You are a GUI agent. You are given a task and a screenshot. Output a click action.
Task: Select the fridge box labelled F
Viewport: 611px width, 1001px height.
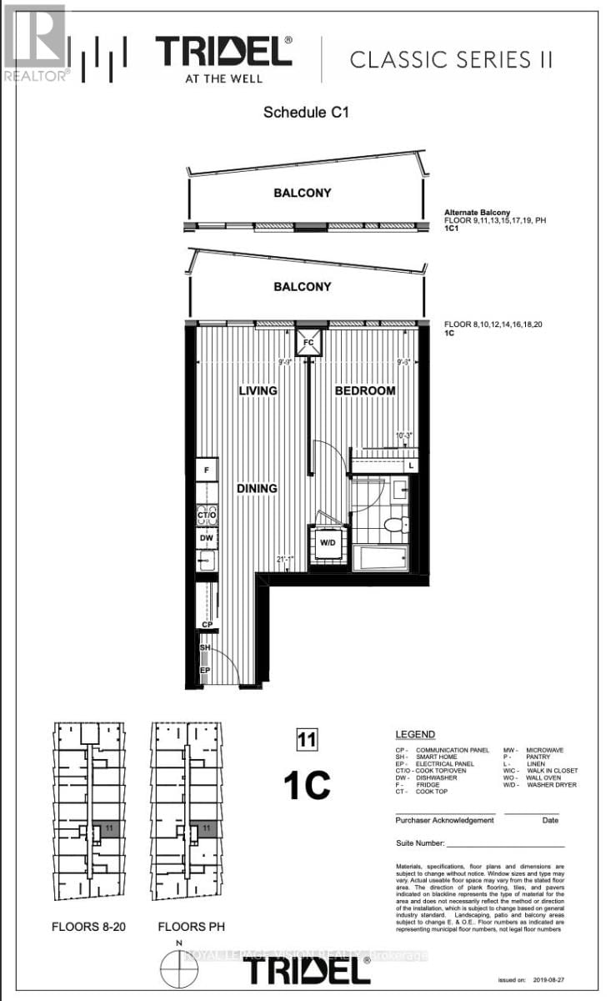(x=206, y=470)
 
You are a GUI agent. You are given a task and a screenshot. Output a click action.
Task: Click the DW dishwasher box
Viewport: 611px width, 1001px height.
(x=206, y=539)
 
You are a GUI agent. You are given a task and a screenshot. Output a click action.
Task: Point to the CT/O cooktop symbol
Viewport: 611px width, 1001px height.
(x=207, y=515)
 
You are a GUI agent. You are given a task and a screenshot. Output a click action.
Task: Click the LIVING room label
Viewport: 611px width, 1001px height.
(x=258, y=390)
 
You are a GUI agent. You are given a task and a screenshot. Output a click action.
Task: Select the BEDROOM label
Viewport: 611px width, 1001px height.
(x=364, y=390)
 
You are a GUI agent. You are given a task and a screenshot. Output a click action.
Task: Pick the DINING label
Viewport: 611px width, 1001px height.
(x=256, y=489)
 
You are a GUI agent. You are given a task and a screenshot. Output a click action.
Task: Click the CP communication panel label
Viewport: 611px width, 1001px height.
(x=206, y=624)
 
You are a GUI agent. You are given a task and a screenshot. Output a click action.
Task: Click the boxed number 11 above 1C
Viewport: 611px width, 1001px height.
(x=307, y=738)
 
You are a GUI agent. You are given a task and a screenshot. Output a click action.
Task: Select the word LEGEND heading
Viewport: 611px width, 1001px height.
(x=414, y=735)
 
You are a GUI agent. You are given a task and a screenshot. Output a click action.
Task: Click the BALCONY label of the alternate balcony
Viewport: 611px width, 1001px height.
(x=303, y=193)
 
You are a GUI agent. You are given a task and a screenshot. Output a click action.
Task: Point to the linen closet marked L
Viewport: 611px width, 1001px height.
(x=411, y=464)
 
